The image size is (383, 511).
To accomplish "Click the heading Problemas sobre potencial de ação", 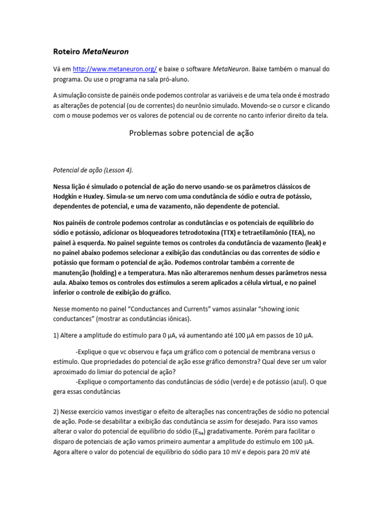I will tap(191, 133).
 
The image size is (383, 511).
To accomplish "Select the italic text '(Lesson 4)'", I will tap(116, 170).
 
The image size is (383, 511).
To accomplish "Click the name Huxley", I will tap(102, 196).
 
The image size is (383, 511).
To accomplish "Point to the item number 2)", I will tap(56, 412).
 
